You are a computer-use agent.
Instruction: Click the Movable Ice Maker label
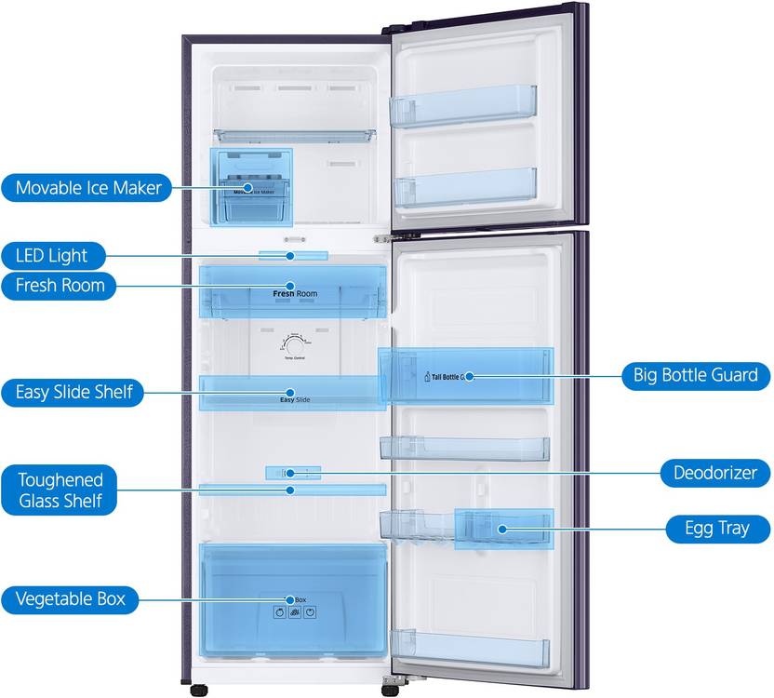[x=87, y=188]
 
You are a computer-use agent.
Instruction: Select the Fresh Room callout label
[x=60, y=285]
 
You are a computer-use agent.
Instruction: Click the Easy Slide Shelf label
[x=73, y=393]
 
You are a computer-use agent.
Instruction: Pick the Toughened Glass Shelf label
[x=60, y=490]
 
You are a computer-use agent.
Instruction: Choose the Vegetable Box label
[x=70, y=598]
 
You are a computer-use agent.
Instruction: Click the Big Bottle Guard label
[x=696, y=376]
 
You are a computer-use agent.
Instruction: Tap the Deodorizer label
[x=714, y=473]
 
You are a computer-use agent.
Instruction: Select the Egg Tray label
[x=719, y=529]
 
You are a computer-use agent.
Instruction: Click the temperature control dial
[x=293, y=344]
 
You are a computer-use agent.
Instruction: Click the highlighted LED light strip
[x=293, y=254]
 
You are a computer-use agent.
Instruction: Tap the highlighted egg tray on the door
[x=503, y=529]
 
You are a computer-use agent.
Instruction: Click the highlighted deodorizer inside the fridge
[x=292, y=473]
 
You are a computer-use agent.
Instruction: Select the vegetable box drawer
[x=293, y=600]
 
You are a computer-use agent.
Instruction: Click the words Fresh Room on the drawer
[x=294, y=294]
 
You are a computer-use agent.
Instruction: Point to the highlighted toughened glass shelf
[x=292, y=490]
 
